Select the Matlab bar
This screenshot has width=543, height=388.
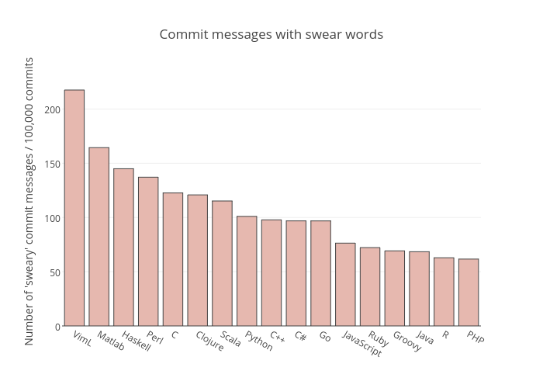point(99,237)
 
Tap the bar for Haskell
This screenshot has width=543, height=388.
point(123,248)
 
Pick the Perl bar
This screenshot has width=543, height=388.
point(148,251)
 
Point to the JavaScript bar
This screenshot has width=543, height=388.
point(345,285)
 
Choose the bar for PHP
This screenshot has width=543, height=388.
point(469,293)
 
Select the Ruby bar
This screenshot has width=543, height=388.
point(370,287)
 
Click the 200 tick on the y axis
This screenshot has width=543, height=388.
point(52,109)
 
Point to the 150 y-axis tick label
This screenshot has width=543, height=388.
point(52,164)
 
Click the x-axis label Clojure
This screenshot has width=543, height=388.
point(210,341)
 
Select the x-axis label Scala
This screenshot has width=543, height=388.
point(231,339)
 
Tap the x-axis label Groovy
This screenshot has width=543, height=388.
point(407,341)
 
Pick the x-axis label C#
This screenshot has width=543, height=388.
point(300,337)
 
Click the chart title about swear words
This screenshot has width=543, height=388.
point(271,34)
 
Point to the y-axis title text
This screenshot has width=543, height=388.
point(29,200)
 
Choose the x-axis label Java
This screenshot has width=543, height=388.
point(425,338)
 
